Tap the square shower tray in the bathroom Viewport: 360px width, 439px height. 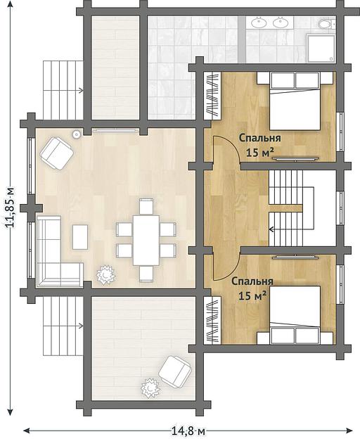point(321,49)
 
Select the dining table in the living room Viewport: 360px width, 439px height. point(146,240)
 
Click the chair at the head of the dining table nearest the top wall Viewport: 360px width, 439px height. point(146,206)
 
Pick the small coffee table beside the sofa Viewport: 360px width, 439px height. point(80,237)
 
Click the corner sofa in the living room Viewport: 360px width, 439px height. point(56,252)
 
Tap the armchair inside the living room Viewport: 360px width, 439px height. point(57,153)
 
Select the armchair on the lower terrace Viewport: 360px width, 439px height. point(175,371)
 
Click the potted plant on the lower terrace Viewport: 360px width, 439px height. point(150,388)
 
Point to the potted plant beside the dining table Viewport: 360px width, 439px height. point(105,275)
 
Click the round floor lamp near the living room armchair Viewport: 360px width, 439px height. point(77,134)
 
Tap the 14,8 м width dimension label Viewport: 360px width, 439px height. point(188,431)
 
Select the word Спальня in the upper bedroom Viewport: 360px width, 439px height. point(260,138)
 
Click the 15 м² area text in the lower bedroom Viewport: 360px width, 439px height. point(252,295)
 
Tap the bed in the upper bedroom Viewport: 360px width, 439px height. point(295,101)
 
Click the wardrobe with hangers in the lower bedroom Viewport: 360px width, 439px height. point(212,320)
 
